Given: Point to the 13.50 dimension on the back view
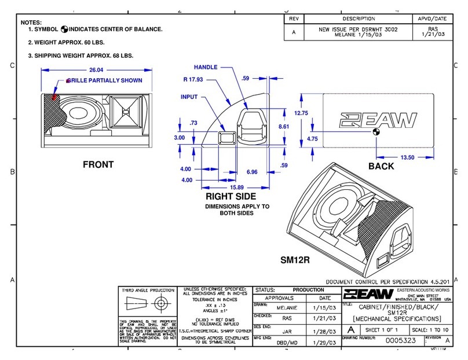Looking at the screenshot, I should coord(409,157).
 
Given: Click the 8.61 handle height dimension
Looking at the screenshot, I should coord(284,126).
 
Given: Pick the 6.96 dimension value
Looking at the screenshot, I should coord(252,172).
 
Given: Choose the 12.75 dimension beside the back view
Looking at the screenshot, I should coord(302,113).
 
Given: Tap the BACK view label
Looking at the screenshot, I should coord(381,166).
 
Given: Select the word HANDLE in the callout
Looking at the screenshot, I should coord(205,67).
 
